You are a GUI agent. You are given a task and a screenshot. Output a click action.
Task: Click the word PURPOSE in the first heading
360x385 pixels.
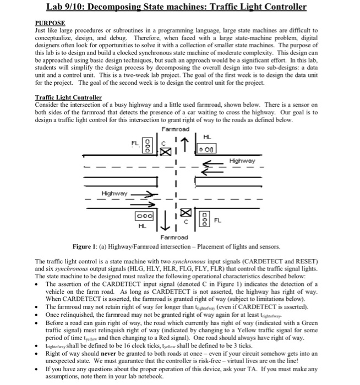click(x=50, y=23)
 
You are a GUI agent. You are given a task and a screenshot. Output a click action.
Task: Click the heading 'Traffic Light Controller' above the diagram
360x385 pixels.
click(x=68, y=97)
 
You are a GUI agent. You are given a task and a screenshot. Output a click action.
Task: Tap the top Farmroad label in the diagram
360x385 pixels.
click(x=176, y=129)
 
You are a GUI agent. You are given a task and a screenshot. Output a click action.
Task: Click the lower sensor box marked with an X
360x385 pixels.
click(x=188, y=211)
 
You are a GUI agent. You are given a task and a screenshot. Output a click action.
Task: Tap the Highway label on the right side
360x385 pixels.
click(x=242, y=161)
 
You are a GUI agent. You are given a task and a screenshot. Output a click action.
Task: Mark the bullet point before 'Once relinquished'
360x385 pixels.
click(x=39, y=314)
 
